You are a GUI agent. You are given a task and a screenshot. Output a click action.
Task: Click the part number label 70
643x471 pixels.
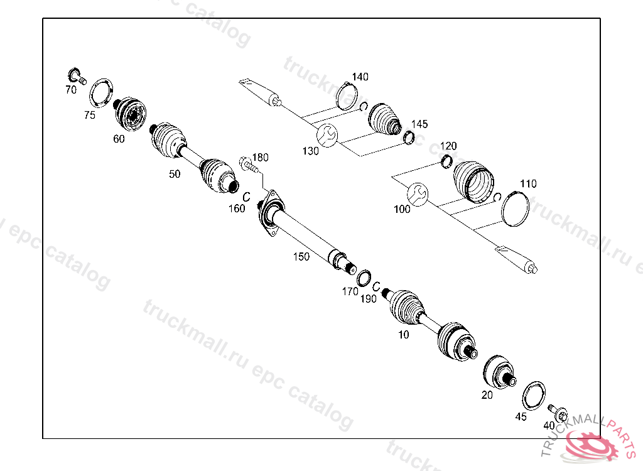click(71, 90)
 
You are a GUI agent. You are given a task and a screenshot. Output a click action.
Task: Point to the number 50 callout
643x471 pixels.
click(175, 174)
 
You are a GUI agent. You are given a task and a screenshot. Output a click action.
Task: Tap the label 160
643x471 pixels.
click(237, 208)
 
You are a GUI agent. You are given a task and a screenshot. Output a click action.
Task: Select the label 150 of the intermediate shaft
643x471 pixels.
click(301, 256)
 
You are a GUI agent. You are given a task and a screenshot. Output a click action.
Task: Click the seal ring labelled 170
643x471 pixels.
click(364, 277)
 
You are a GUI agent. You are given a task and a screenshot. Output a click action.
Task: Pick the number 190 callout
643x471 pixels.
click(369, 299)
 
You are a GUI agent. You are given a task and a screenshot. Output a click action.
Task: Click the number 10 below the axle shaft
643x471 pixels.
click(403, 335)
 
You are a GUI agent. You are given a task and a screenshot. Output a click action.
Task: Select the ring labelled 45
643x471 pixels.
click(534, 394)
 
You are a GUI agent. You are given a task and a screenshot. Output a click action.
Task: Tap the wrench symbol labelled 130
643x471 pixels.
click(327, 135)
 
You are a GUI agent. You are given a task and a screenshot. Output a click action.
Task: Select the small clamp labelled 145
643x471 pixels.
click(409, 137)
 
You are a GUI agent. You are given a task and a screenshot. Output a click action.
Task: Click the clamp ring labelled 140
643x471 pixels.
click(347, 96)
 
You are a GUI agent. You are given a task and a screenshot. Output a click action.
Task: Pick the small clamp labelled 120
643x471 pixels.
click(448, 161)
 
